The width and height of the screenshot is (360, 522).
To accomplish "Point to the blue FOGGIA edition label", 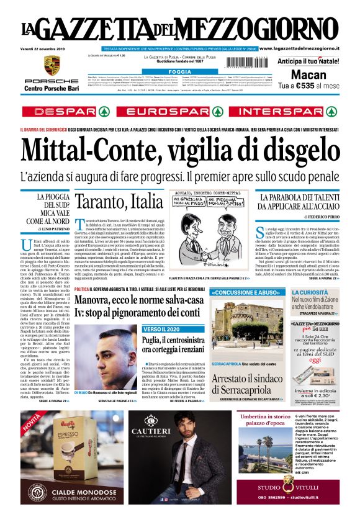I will [179, 72].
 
